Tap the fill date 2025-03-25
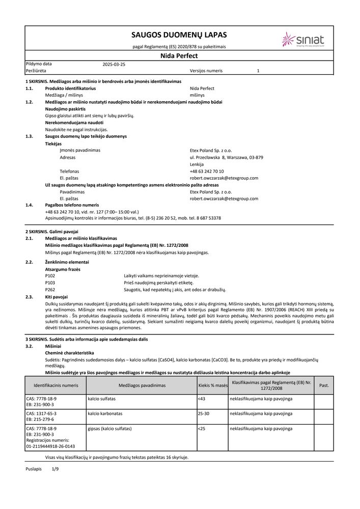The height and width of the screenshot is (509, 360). point(114,65)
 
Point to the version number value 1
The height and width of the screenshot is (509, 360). point(258,71)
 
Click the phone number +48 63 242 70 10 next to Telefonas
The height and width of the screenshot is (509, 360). point(207,171)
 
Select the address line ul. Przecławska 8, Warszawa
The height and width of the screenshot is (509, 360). point(226,157)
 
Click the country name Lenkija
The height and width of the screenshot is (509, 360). point(197,164)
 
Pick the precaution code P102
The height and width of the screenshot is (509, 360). point(50,275)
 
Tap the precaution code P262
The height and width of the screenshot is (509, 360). point(50,289)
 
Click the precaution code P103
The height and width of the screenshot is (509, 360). point(50,282)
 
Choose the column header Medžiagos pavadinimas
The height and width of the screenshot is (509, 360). point(141,385)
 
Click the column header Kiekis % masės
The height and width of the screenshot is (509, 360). point(213,385)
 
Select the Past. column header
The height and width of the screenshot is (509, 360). point(324,385)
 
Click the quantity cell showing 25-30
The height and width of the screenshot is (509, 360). point(204,413)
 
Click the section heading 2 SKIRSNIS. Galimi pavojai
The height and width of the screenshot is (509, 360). point(49,232)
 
